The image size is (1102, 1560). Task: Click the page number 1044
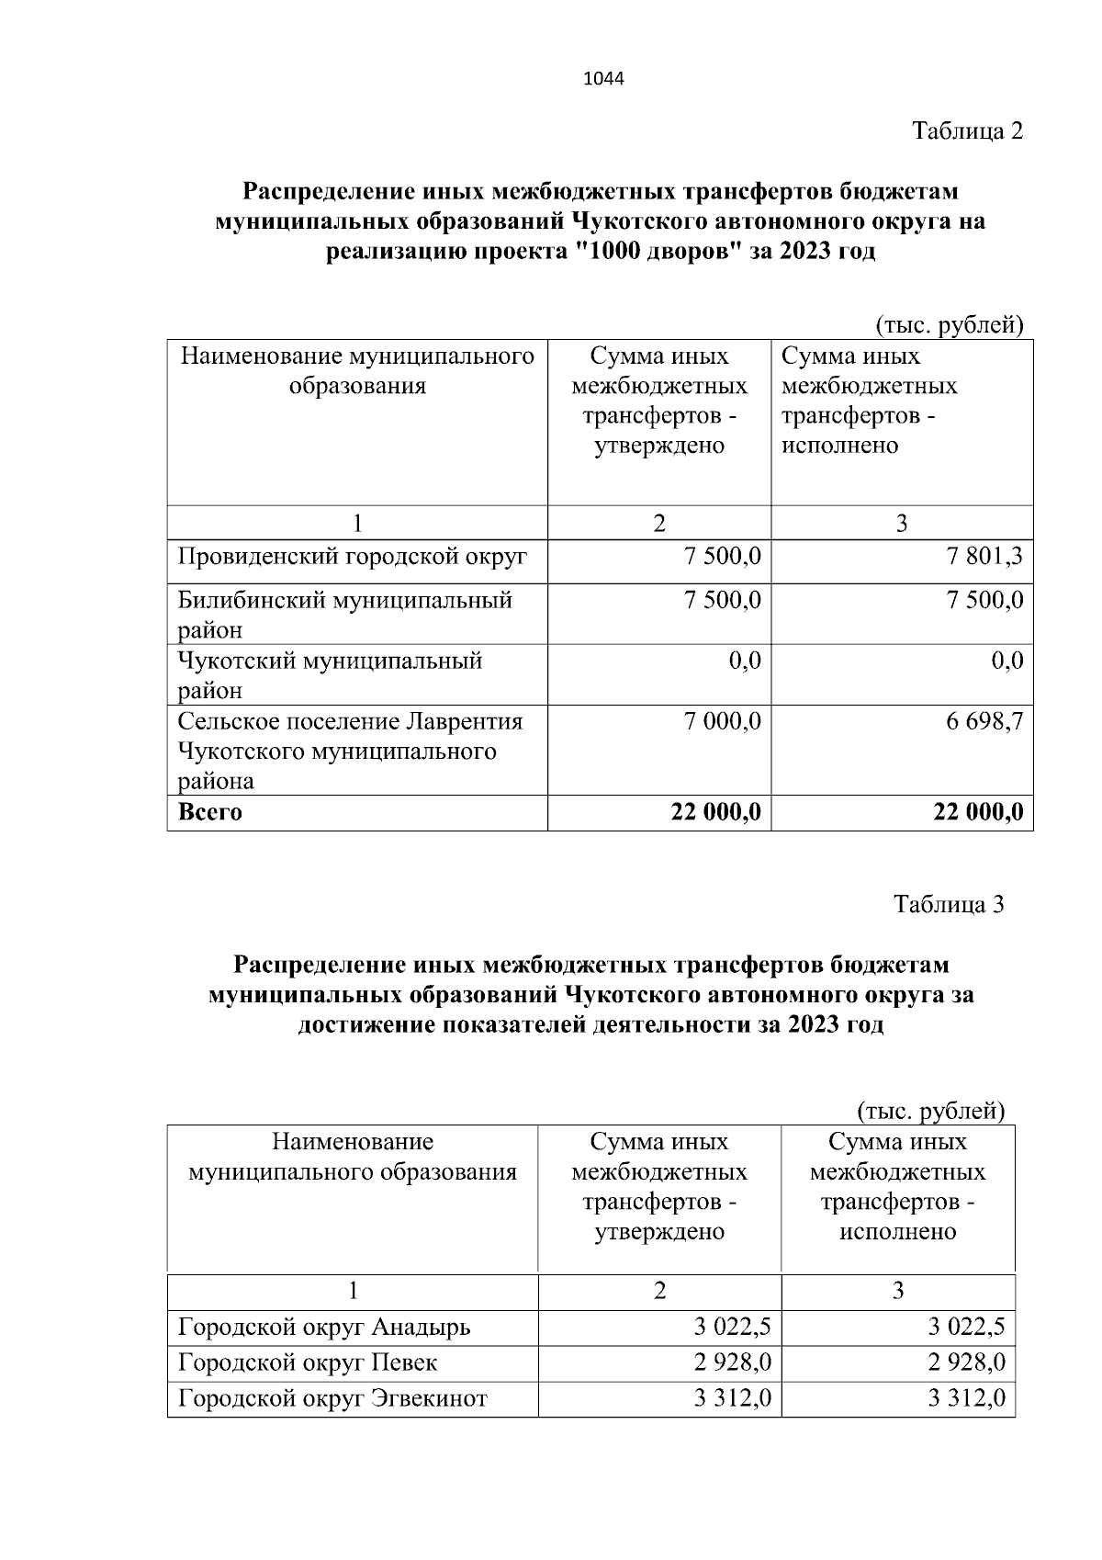click(603, 79)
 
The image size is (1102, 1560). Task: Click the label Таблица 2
click(967, 131)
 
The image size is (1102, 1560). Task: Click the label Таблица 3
click(949, 905)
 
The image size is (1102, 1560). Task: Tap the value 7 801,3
click(985, 557)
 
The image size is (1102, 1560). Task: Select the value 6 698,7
click(985, 722)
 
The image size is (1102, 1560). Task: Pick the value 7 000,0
click(723, 722)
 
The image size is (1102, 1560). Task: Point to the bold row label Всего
click(210, 812)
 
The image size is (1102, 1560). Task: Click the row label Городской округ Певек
click(308, 1362)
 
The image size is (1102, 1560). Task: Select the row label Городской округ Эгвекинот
click(332, 1398)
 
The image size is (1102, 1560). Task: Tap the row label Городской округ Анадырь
click(324, 1328)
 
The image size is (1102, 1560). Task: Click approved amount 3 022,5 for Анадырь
click(732, 1328)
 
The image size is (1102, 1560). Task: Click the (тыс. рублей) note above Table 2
click(948, 325)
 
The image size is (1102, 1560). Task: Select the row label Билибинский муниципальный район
click(344, 614)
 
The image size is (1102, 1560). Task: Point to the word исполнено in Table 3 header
click(897, 1232)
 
